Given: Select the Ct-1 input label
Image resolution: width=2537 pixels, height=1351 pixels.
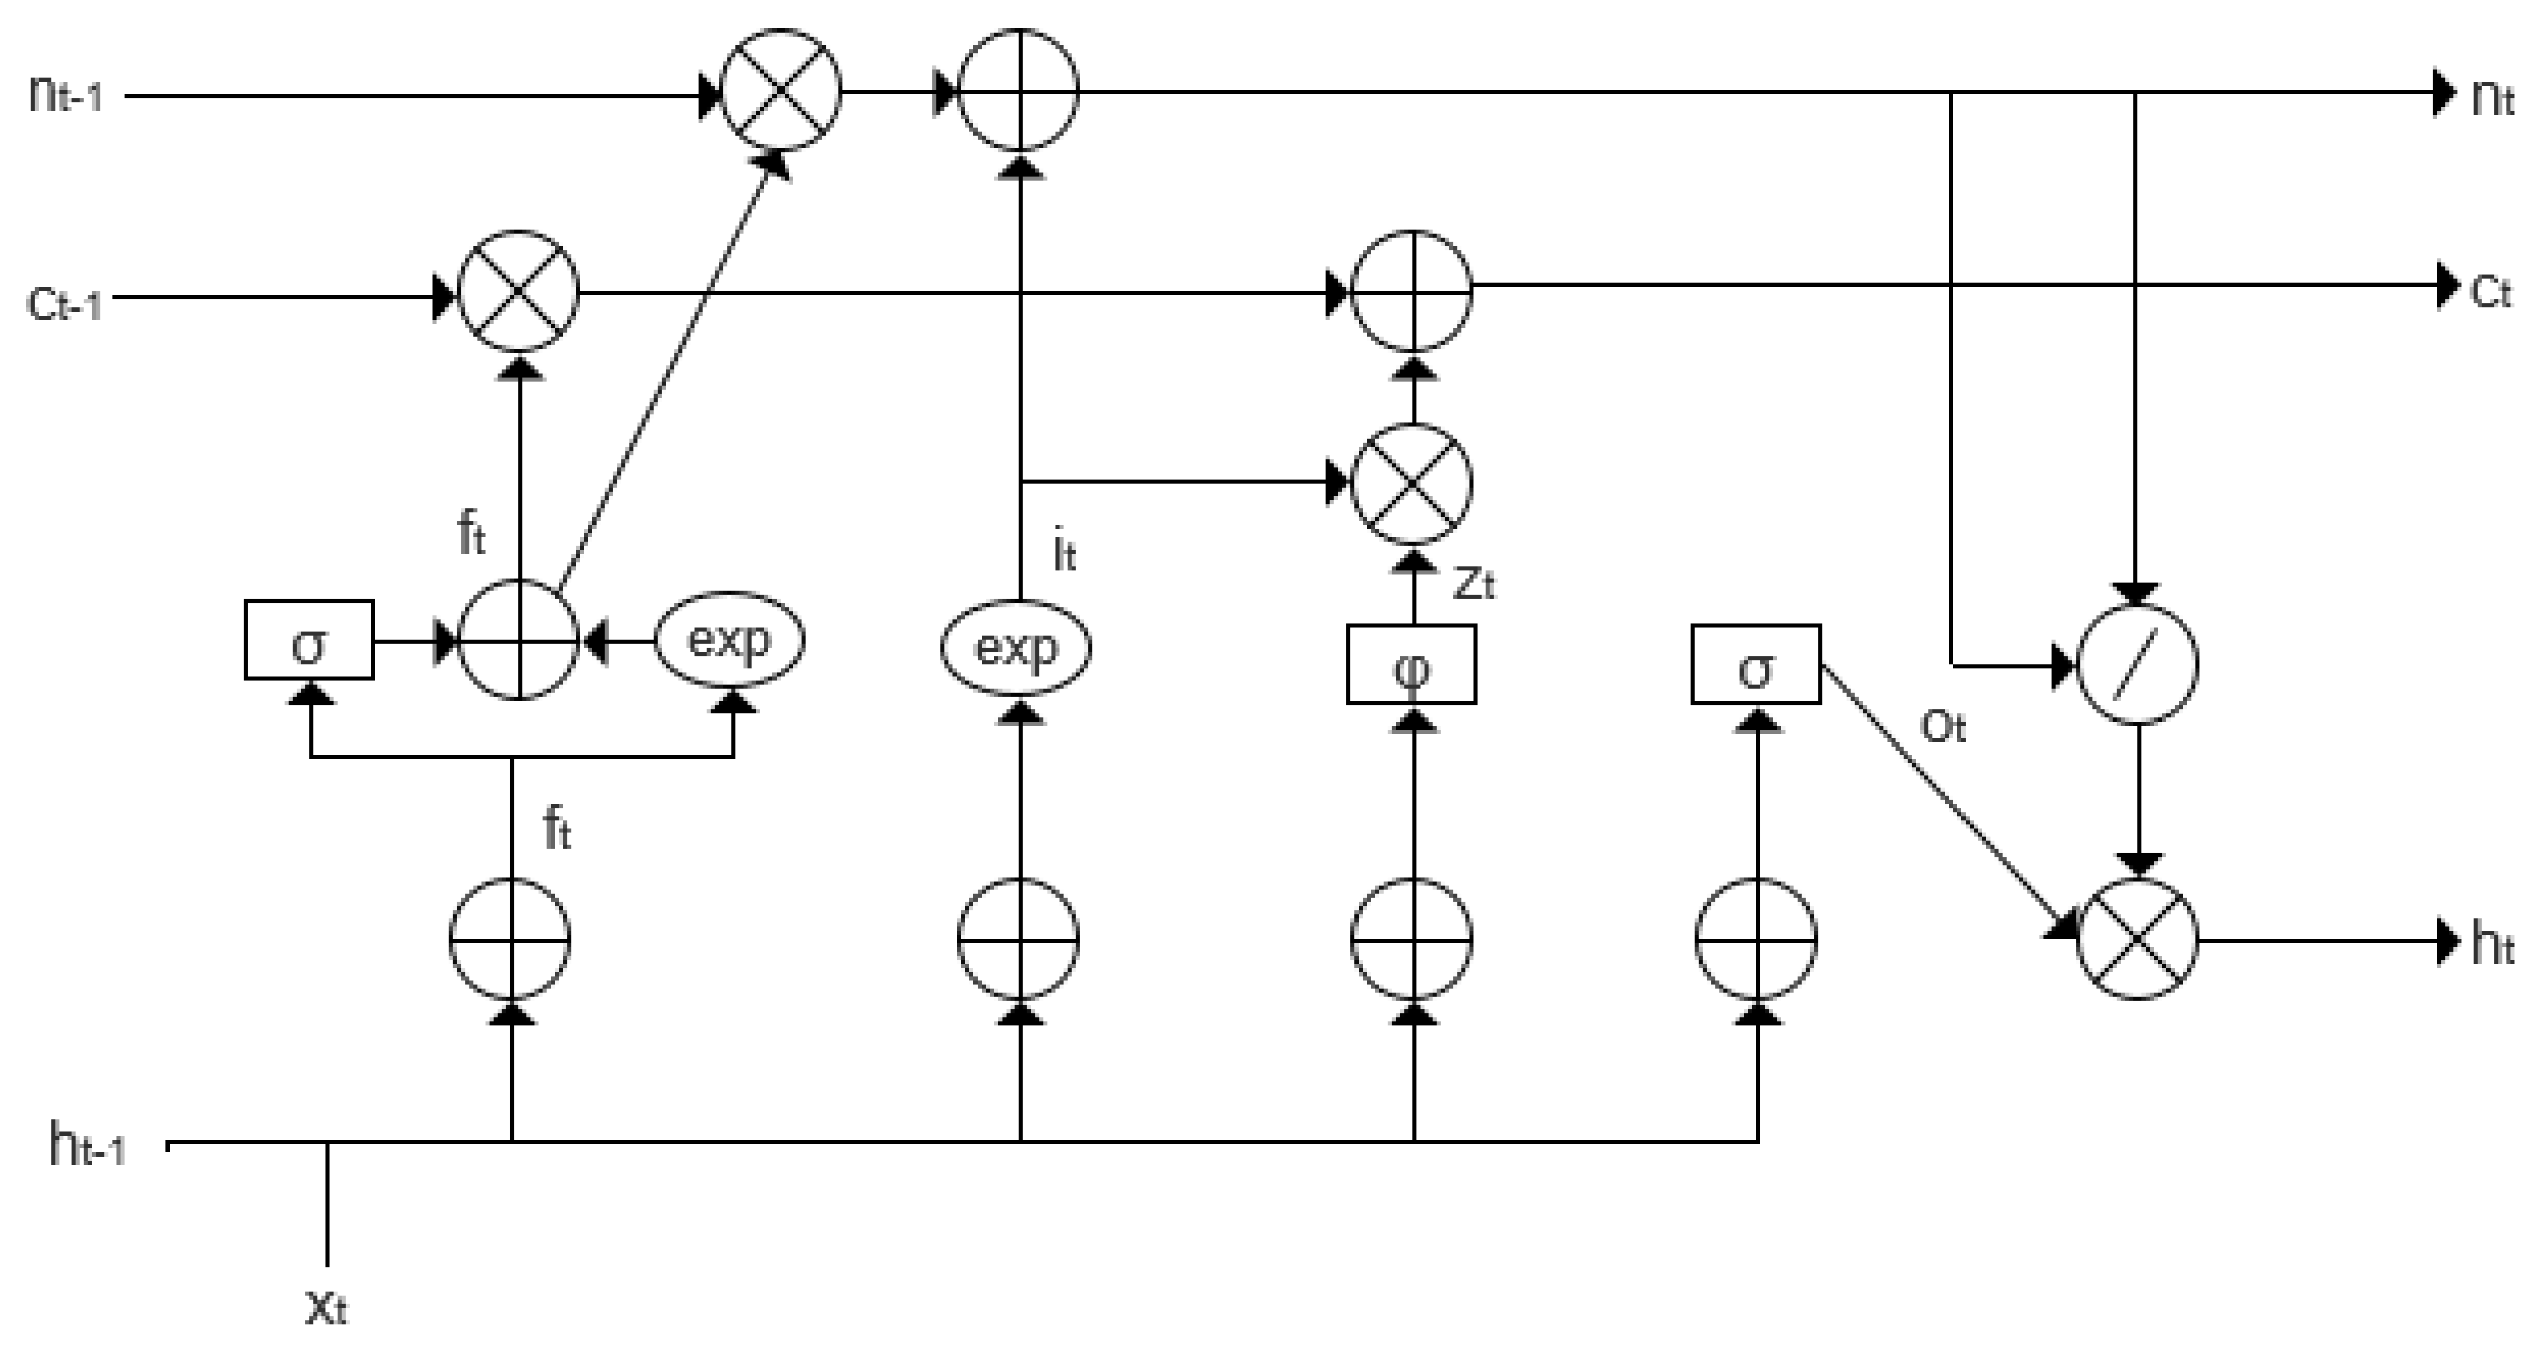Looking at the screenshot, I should point(63,303).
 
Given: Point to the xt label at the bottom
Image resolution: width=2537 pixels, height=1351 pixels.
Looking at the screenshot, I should point(326,1307).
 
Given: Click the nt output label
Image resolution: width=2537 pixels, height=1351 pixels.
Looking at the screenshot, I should point(2493,98).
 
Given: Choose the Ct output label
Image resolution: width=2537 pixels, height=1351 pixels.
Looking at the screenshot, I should point(2491,291).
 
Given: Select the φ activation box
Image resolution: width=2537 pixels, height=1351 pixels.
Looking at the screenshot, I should point(1411,665).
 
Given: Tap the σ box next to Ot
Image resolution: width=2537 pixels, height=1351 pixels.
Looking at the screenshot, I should point(1755,665).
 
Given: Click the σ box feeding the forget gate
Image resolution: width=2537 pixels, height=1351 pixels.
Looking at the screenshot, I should point(309,640).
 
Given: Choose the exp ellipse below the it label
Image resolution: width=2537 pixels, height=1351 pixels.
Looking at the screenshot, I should point(1016,649).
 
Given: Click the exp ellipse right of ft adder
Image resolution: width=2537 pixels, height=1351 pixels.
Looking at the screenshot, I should point(729,640).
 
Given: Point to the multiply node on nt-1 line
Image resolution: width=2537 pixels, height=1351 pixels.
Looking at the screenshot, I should point(781,90).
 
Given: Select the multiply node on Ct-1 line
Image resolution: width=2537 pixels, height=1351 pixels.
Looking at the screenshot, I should point(519,291).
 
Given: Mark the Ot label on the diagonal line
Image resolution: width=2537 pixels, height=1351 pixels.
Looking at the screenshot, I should point(1943,728).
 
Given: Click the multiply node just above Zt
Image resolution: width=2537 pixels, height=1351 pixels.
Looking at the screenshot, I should point(1411,483).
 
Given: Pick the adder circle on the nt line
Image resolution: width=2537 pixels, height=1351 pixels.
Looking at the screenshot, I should point(1019,90).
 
